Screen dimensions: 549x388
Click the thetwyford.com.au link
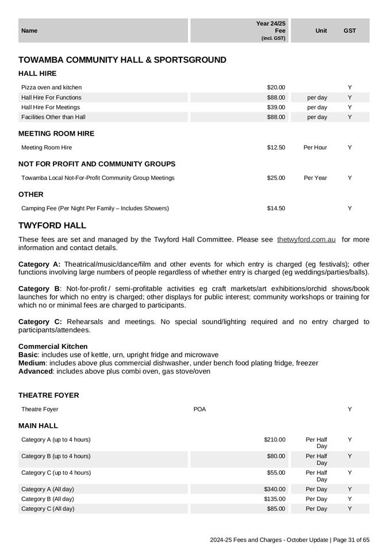(306, 239)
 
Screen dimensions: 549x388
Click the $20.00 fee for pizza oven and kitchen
(276, 87)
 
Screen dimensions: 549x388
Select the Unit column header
(321, 30)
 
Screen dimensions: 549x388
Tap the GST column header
(349, 30)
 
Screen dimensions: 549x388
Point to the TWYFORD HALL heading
(52, 225)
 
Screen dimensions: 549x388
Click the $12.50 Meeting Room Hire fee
(276, 148)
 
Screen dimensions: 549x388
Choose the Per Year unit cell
(315, 178)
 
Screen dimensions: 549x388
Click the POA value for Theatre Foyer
(199, 409)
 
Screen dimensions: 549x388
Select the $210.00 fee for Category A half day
(275, 440)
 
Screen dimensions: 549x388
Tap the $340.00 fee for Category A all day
(275, 489)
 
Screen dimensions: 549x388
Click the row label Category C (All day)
(48, 509)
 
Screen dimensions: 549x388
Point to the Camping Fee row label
(95, 208)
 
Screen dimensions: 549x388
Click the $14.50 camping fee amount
(276, 208)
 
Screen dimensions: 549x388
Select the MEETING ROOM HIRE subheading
(56, 133)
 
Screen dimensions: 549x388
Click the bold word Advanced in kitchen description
(36, 371)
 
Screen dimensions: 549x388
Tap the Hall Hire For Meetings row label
(51, 108)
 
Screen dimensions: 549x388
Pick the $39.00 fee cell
(276, 108)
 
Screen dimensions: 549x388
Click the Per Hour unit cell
(315, 148)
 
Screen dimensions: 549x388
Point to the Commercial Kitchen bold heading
(53, 347)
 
